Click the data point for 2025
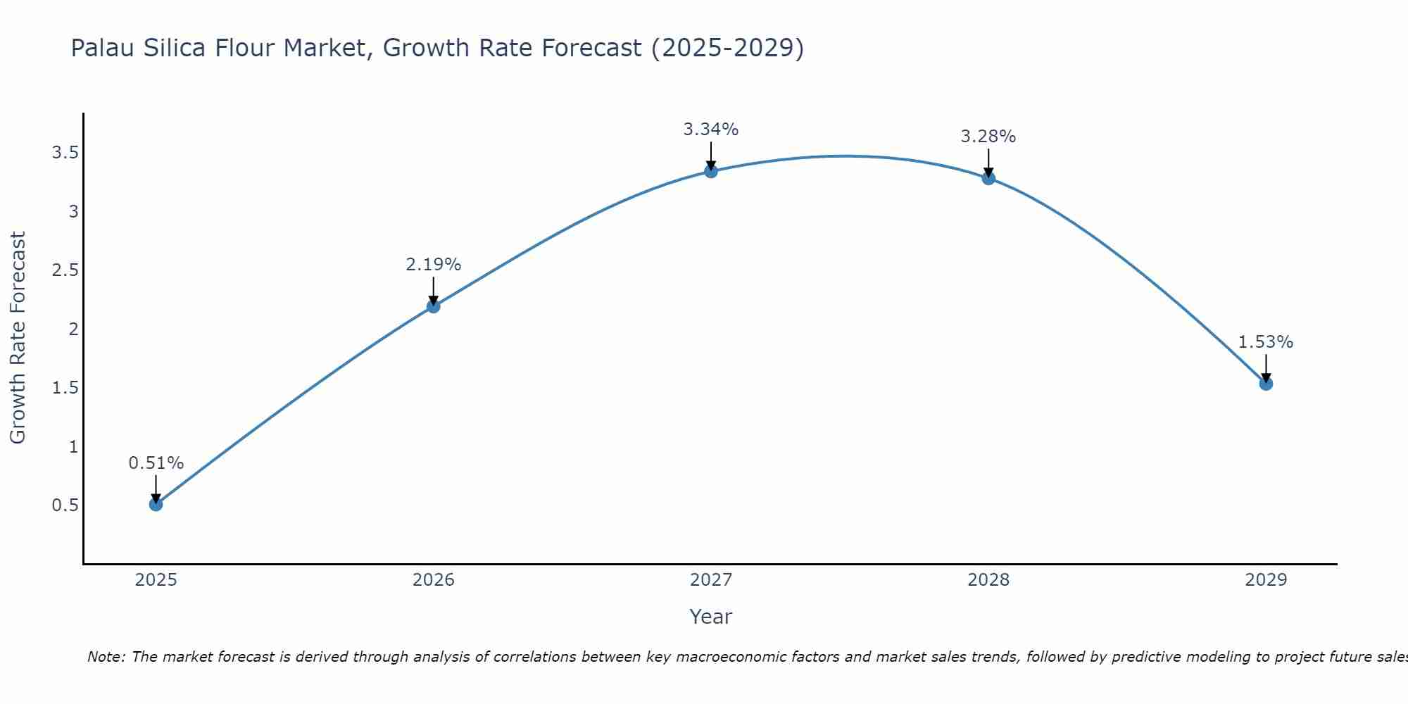156,504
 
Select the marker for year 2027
711,171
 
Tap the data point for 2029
1266,384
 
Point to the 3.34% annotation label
711,130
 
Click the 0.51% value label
156,463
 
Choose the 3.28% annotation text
988,137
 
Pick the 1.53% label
1266,342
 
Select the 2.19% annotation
434,265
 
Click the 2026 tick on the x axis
434,580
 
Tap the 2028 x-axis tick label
988,580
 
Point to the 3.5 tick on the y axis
65,153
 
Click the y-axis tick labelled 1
73,446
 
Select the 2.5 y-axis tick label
65,270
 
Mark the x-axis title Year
711,617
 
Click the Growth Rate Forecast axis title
18,338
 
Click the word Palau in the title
103,48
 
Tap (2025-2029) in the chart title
727,48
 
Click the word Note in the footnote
106,657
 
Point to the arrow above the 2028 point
988,162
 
